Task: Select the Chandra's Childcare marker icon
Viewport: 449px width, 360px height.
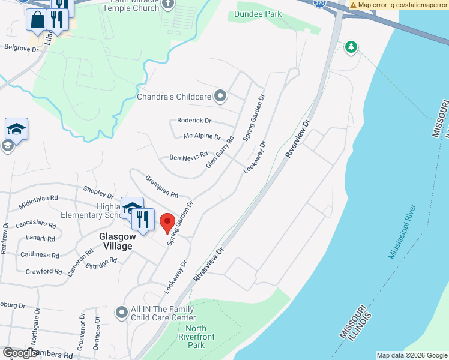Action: (x=220, y=95)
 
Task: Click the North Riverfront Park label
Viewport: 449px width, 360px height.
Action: (x=196, y=337)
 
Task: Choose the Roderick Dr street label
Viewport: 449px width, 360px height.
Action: (x=194, y=120)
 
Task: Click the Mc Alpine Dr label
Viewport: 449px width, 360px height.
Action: (x=202, y=137)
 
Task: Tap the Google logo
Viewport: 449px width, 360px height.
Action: (x=20, y=353)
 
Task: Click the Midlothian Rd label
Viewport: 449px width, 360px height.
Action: (x=38, y=197)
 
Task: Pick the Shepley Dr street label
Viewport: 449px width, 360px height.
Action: (x=98, y=191)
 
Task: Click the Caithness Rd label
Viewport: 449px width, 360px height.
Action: (x=39, y=255)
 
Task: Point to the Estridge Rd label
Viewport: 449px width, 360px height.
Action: (x=101, y=263)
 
